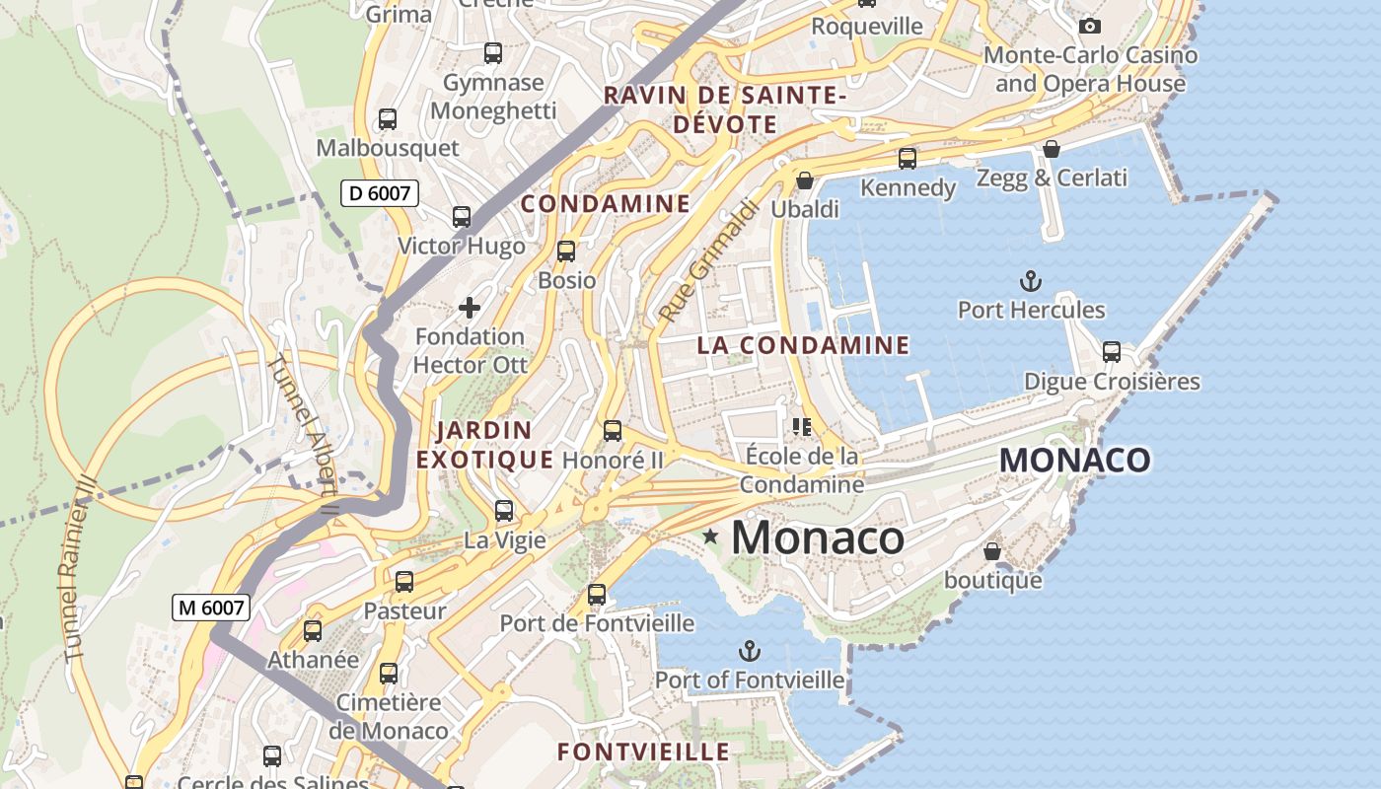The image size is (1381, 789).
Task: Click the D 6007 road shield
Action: (380, 193)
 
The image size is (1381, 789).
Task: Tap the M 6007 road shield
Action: (210, 608)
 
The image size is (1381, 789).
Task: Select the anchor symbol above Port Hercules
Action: (1031, 281)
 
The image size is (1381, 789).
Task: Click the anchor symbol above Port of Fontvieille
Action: (750, 651)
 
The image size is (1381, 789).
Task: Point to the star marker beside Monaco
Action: (710, 537)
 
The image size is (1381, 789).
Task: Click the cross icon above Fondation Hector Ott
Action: (470, 308)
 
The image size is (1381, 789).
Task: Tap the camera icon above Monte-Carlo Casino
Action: (1089, 26)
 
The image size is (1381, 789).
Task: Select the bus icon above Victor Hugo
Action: (461, 217)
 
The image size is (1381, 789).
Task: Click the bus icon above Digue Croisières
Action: (1112, 352)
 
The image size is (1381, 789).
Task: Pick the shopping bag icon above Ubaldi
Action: (805, 180)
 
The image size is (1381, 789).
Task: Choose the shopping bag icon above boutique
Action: (992, 551)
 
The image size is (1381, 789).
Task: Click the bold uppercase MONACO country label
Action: (1074, 461)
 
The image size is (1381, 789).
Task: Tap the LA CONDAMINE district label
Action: (803, 345)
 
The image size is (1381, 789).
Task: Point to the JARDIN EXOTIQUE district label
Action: (484, 445)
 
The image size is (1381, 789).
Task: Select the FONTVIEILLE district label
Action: (643, 752)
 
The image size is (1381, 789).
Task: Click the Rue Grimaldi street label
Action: (709, 261)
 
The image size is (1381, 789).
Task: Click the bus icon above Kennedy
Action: (907, 158)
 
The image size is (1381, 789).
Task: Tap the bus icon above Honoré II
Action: (613, 431)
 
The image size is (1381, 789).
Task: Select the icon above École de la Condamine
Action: (801, 426)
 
